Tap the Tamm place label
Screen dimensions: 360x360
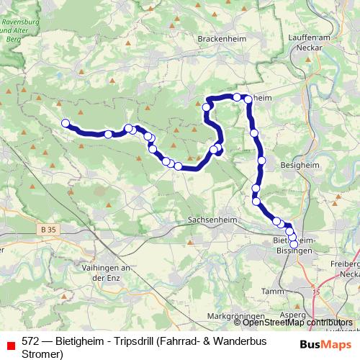(x=275, y=291)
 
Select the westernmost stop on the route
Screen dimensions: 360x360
(x=66, y=123)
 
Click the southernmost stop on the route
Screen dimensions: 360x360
(x=294, y=244)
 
